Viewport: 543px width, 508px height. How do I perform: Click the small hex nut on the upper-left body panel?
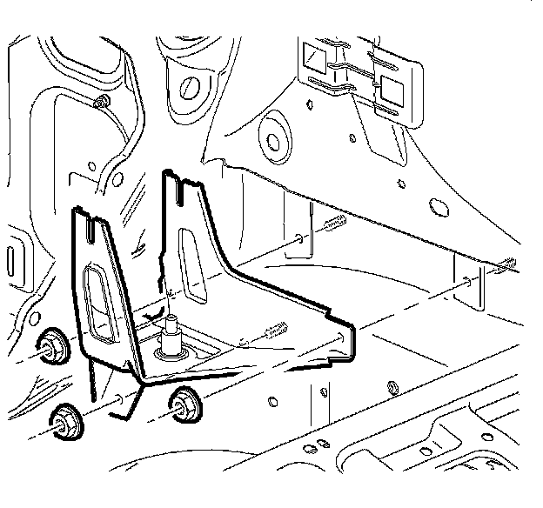coord(102,102)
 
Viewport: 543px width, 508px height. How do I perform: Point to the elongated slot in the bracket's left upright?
coord(95,300)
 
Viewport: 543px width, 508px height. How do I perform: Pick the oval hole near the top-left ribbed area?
coord(185,88)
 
